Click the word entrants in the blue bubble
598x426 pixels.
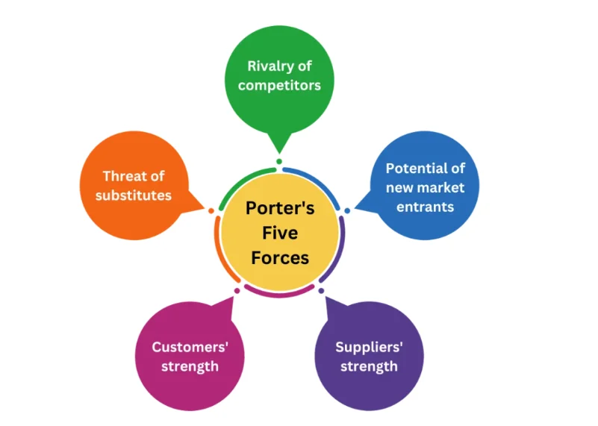425,207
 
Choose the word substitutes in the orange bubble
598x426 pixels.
134,195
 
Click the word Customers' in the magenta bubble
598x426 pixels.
190,347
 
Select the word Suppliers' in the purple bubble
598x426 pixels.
369,347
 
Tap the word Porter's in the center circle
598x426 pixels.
280,208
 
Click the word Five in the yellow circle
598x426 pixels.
280,233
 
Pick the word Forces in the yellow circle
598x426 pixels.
280,258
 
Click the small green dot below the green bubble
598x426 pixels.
279,161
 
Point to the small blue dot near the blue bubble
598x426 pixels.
347,210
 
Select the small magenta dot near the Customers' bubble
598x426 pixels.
237,289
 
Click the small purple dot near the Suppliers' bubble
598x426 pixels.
321,289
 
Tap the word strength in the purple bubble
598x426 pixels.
369,366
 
